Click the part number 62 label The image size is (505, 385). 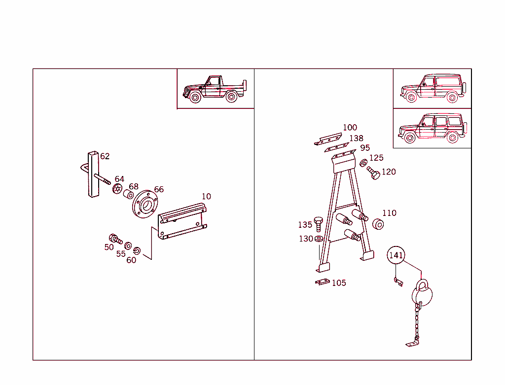(x=105, y=156)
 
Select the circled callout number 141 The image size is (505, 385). (x=396, y=255)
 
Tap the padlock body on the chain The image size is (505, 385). (x=422, y=295)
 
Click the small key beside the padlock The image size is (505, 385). (x=398, y=281)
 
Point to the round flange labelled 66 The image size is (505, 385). (x=145, y=204)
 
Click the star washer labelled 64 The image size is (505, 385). (x=117, y=189)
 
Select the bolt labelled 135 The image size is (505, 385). (x=318, y=224)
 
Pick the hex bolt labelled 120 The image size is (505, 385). (x=374, y=173)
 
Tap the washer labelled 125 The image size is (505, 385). (x=363, y=163)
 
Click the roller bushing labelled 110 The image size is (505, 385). (x=378, y=224)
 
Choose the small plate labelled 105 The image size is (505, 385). (x=323, y=282)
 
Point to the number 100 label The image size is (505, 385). (x=350, y=128)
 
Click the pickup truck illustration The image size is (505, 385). (x=215, y=89)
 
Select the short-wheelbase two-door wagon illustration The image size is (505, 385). (x=433, y=88)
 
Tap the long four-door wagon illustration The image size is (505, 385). (x=433, y=128)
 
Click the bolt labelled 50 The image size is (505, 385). (x=115, y=239)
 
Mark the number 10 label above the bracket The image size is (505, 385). (x=206, y=196)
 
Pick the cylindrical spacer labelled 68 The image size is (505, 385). (x=129, y=194)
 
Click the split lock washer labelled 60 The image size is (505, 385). (x=137, y=250)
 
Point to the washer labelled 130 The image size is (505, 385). (x=319, y=239)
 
